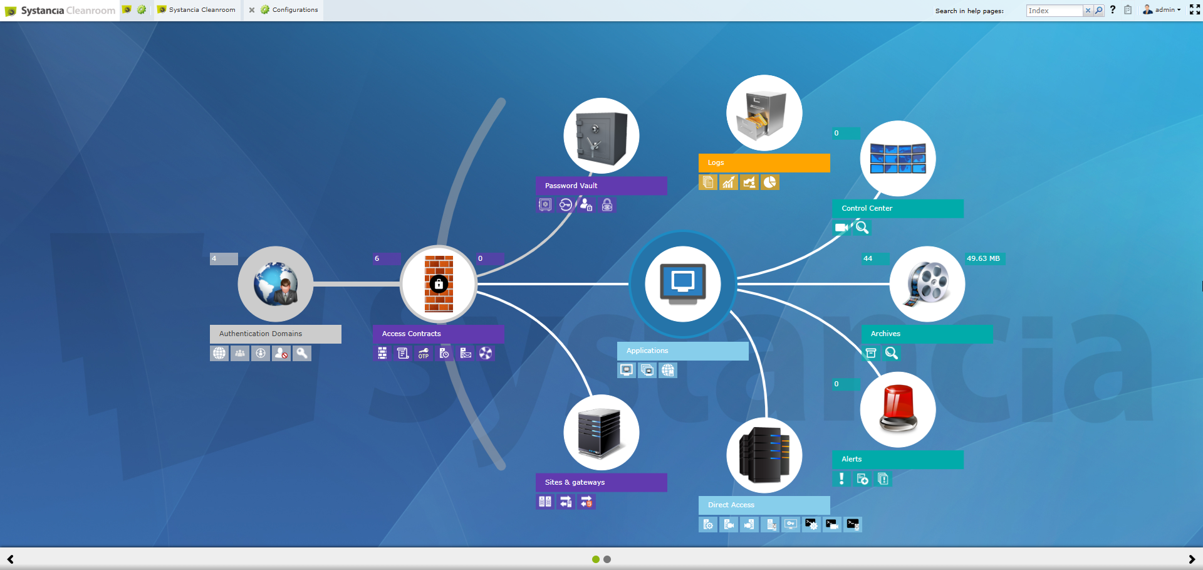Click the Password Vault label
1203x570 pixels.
(x=571, y=186)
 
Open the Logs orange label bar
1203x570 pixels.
(x=764, y=163)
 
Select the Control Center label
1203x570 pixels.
(x=867, y=208)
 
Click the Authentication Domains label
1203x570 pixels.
(x=261, y=334)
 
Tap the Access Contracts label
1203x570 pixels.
(x=411, y=334)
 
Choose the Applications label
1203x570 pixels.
(x=647, y=351)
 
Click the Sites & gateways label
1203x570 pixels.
(x=575, y=482)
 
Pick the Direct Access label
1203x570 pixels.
(x=731, y=505)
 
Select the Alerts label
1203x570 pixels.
(x=851, y=459)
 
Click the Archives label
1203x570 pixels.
(x=885, y=334)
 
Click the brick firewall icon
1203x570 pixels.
(x=439, y=284)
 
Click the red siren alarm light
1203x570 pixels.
(x=898, y=409)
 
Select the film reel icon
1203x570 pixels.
(x=927, y=284)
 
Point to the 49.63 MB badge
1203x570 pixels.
(x=983, y=258)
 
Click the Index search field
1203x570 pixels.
(x=1055, y=11)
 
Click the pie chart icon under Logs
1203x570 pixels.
(x=769, y=182)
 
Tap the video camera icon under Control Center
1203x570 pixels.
(x=841, y=228)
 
